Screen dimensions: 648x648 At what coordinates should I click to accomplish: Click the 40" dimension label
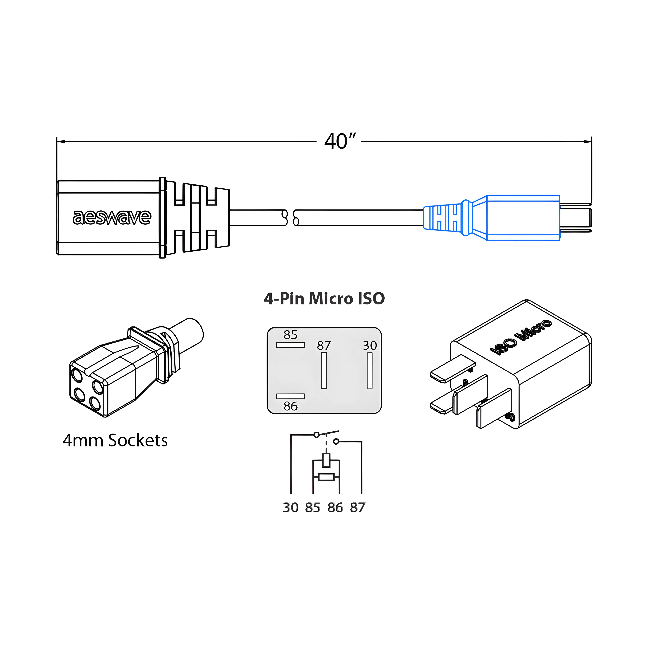click(340, 142)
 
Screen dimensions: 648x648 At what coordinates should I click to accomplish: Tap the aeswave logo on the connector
click(112, 217)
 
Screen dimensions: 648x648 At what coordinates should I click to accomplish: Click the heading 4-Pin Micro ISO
click(324, 299)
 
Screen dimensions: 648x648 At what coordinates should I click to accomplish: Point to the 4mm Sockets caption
click(115, 440)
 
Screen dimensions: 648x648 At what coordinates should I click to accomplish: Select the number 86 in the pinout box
click(290, 406)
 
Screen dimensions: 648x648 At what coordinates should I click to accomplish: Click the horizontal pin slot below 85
click(290, 345)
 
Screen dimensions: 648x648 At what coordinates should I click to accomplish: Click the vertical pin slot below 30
click(370, 371)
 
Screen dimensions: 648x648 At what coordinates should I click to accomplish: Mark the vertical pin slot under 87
click(324, 371)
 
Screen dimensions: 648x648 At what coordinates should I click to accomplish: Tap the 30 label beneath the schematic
click(290, 508)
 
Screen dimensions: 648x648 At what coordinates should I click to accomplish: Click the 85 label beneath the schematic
click(313, 508)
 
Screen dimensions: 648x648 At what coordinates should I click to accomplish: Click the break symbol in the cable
click(290, 218)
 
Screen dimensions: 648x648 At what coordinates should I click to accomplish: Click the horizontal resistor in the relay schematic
click(326, 477)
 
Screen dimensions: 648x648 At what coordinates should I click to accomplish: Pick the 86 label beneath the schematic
click(335, 508)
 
